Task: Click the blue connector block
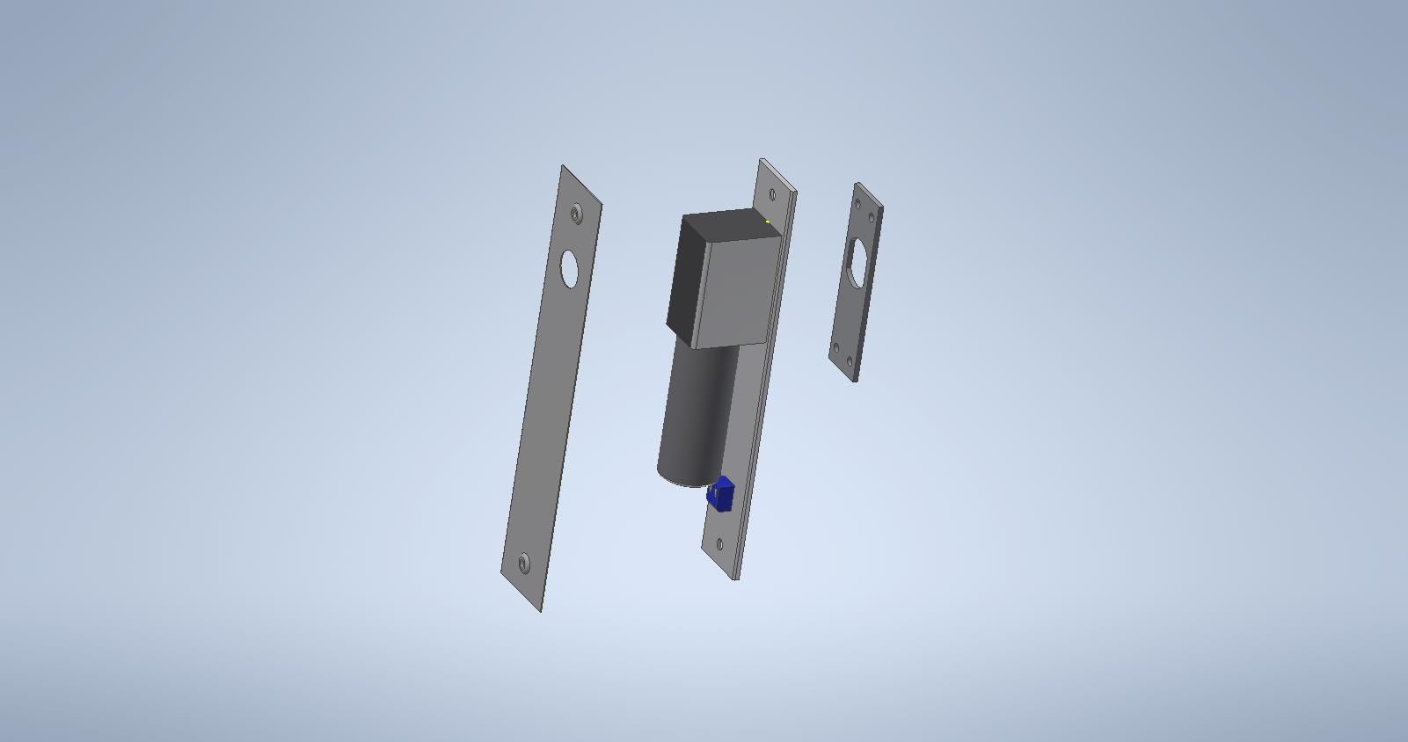[x=721, y=495]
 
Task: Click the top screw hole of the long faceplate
[x=576, y=213]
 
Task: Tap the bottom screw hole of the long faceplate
[x=524, y=563]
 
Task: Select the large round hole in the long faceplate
[x=570, y=268]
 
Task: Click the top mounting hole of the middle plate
[x=773, y=194]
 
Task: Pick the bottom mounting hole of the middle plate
[x=720, y=544]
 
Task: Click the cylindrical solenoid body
[x=695, y=413]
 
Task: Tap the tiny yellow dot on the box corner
[x=768, y=222]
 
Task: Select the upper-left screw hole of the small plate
[x=857, y=203]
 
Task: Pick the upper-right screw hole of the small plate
[x=872, y=217]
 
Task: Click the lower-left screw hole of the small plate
[x=836, y=348]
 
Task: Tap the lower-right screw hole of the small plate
[x=850, y=361]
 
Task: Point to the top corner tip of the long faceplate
[x=564, y=167]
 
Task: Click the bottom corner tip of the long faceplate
[x=540, y=609]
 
